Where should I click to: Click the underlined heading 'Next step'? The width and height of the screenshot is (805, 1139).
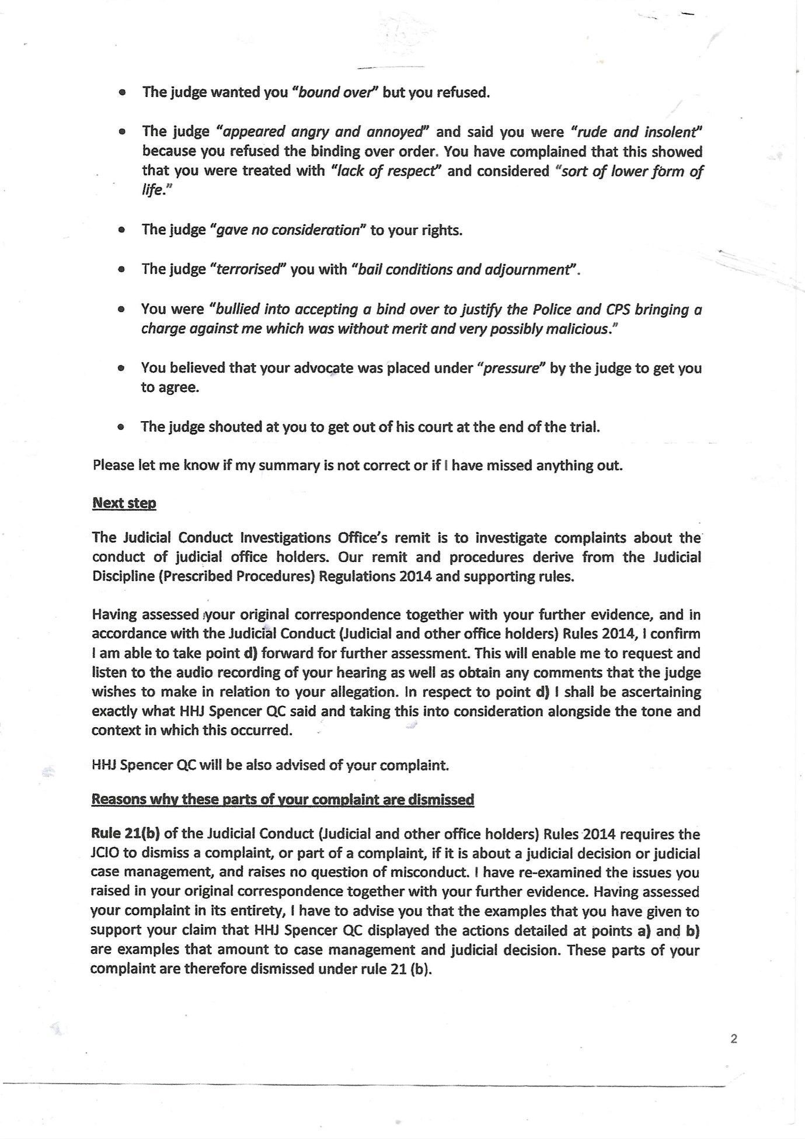[124, 503]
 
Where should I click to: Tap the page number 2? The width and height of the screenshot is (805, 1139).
[734, 1039]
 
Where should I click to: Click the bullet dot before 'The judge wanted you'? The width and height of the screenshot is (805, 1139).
[121, 93]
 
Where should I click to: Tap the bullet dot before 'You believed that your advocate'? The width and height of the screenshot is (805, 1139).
[121, 369]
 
